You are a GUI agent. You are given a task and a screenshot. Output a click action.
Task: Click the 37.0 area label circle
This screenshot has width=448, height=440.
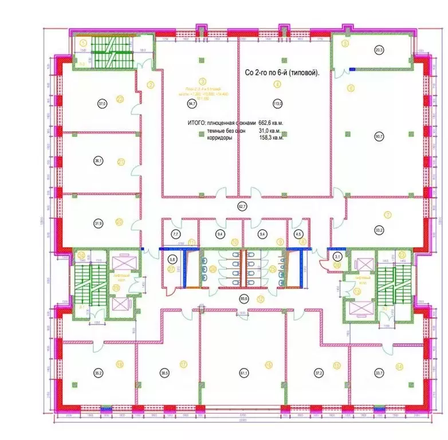pyautogui.click(x=101, y=104)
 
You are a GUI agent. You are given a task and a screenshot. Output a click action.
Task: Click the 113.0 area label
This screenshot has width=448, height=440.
pyautogui.click(x=278, y=104)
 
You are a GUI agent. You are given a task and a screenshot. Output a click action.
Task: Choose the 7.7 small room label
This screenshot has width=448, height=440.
pyautogui.click(x=175, y=234)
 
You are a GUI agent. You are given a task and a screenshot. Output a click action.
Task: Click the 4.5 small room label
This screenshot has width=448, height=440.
pyautogui.click(x=298, y=234)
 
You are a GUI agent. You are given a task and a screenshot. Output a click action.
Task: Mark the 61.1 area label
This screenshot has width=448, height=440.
pyautogui.click(x=243, y=374)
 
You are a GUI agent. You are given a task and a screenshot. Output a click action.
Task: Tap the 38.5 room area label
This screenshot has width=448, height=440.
pyautogui.click(x=165, y=373)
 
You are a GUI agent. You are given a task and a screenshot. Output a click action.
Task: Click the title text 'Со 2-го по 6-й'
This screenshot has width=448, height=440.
pyautogui.click(x=268, y=73)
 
